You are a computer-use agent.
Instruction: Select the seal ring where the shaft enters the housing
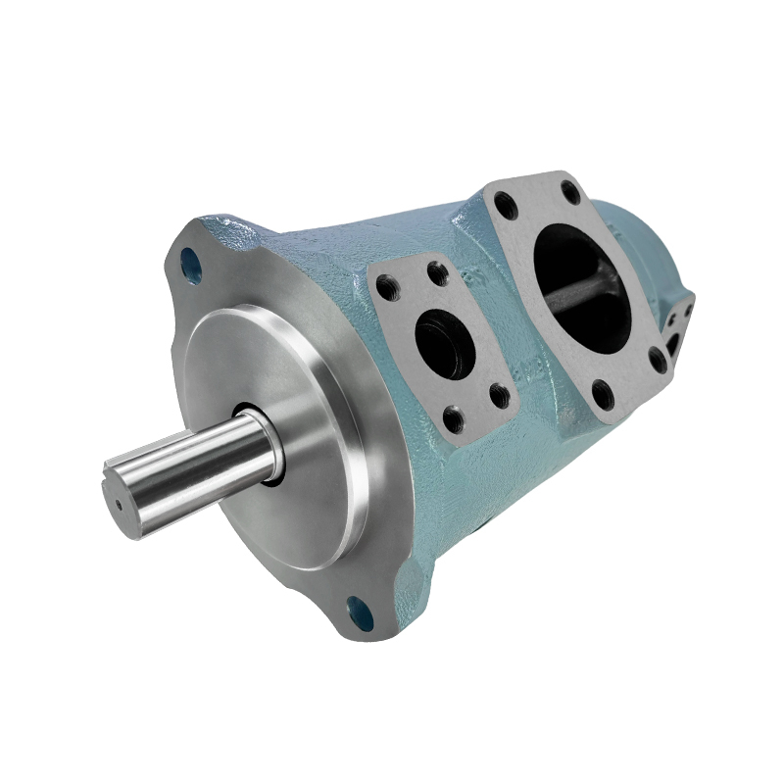pyautogui.click(x=268, y=449)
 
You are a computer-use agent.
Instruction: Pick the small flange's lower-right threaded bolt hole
pyautogui.click(x=500, y=396)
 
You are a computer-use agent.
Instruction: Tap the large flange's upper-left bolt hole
pyautogui.click(x=506, y=206)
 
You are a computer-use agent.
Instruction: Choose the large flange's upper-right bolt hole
pyautogui.click(x=570, y=190)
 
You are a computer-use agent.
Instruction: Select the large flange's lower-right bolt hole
pyautogui.click(x=659, y=360)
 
